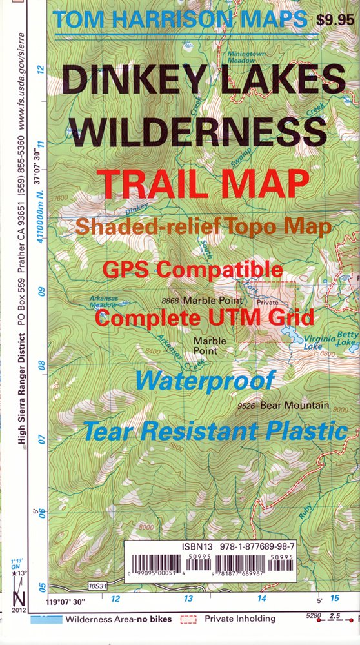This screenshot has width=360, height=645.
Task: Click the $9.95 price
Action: pyautogui.click(x=335, y=19)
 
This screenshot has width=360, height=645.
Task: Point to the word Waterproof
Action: pyautogui.click(x=205, y=381)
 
